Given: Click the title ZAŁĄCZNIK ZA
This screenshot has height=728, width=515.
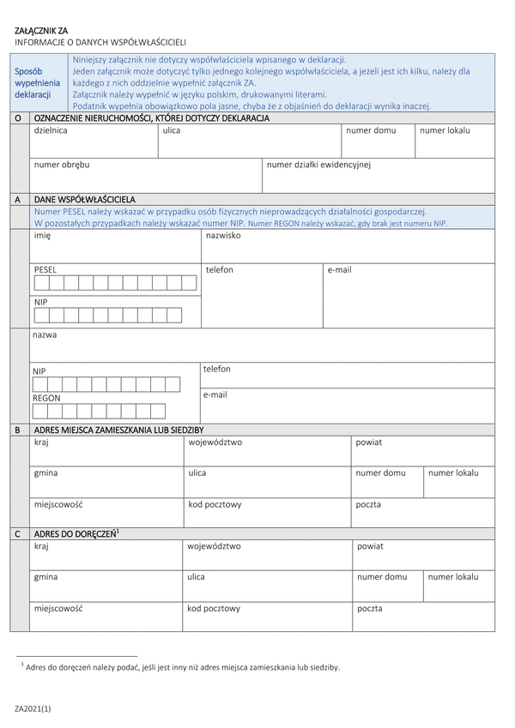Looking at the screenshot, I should pyautogui.click(x=42, y=30).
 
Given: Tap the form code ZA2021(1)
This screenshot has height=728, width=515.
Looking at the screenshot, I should pyautogui.click(x=33, y=708).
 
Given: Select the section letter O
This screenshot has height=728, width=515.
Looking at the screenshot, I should pyautogui.click(x=17, y=117).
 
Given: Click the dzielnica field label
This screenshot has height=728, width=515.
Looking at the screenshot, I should pyautogui.click(x=51, y=130).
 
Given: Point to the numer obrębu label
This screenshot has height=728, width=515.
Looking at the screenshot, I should pyautogui.click(x=62, y=163).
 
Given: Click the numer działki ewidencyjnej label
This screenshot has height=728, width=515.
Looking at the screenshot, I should pyautogui.click(x=318, y=163).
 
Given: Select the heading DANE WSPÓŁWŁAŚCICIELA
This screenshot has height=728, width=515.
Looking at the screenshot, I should pyautogui.click(x=84, y=199).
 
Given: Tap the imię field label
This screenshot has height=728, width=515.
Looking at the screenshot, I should pyautogui.click(x=43, y=235).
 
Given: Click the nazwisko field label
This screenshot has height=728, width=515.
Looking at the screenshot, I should pyautogui.click(x=223, y=235).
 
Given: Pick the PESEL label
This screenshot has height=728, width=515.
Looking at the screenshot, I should pyautogui.click(x=45, y=269).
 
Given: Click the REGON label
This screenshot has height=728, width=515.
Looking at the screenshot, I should pyautogui.click(x=46, y=398).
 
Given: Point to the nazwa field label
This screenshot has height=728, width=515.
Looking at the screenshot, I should pyautogui.click(x=45, y=334).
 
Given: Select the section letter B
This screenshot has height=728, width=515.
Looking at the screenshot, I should pyautogui.click(x=17, y=430).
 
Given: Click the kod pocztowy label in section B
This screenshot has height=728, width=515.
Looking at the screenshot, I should pyautogui.click(x=215, y=504).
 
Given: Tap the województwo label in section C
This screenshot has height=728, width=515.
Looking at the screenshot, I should pyautogui.click(x=214, y=545).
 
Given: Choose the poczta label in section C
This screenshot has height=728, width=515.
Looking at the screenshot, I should pyautogui.click(x=370, y=608).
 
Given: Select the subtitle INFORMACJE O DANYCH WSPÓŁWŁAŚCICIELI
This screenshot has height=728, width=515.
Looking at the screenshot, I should pyautogui.click(x=100, y=42).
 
